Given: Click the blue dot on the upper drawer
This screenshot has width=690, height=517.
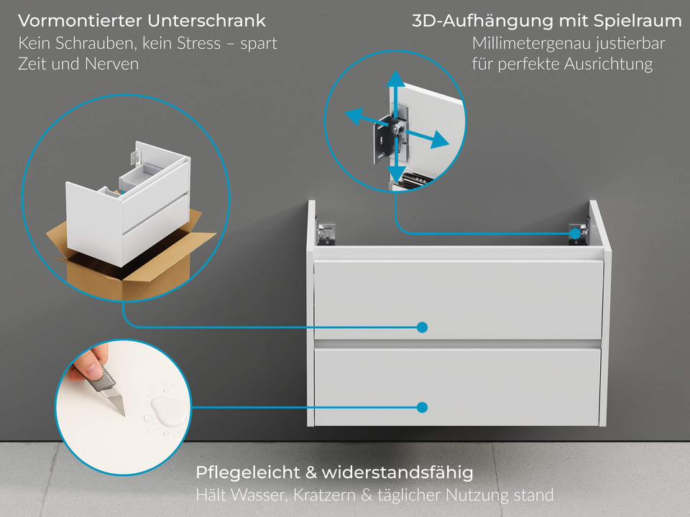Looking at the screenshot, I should click(422, 327).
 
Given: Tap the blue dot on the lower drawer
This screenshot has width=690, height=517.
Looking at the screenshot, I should click(422, 407).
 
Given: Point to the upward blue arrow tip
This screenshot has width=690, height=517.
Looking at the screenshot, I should click(394, 75).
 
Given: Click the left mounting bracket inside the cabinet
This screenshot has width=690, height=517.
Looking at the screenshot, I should click(326, 233).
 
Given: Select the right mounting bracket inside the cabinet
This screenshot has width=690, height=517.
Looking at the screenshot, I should click(577, 232).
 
